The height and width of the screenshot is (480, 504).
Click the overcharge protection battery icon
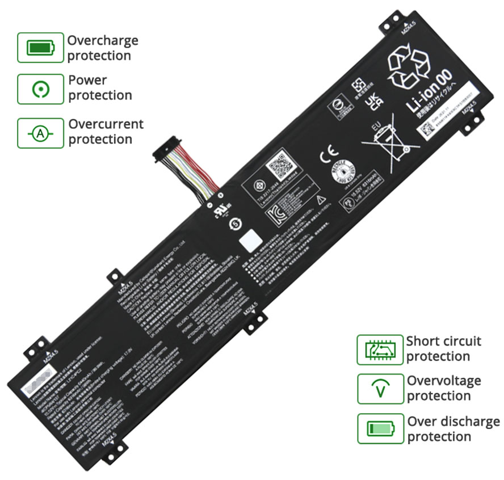[x=40, y=48]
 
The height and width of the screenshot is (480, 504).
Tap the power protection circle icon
[x=40, y=89]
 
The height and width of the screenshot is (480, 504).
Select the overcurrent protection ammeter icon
[x=40, y=133]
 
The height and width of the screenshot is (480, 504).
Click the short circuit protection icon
[x=379, y=350]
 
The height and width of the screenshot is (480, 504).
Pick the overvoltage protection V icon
[x=379, y=389]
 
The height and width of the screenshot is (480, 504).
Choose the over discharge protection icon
[x=379, y=428]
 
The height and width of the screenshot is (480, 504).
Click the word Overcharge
[x=103, y=41]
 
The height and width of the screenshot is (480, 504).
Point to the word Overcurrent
[x=106, y=124]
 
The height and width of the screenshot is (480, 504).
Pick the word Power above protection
[x=87, y=80]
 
